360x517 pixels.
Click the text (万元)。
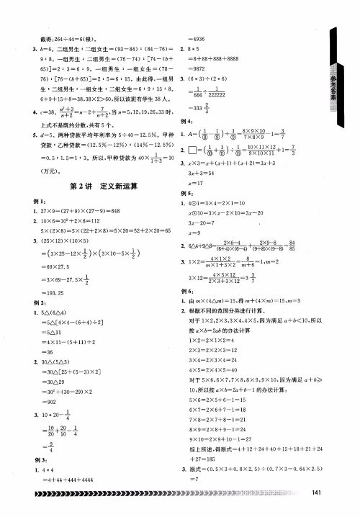(43, 172)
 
